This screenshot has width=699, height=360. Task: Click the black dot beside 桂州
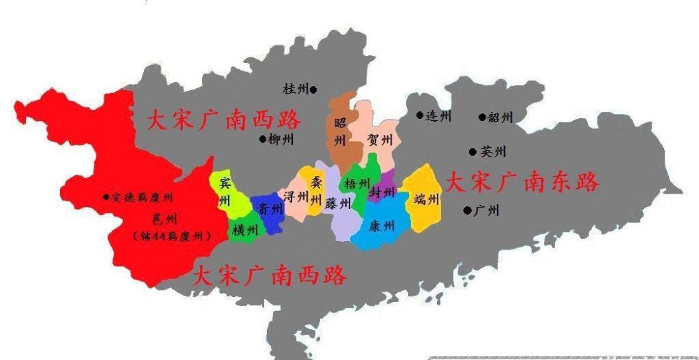[313, 89]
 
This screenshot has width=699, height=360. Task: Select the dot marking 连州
[419, 115]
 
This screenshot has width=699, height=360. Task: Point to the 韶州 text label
[500, 117]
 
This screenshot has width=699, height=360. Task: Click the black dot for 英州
[473, 152]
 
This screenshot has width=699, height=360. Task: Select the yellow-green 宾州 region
[225, 193]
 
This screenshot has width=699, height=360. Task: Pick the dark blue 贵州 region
[265, 208]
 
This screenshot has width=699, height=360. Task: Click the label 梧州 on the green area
[356, 185]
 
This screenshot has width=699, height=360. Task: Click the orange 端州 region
[425, 199]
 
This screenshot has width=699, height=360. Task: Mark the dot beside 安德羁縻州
[106, 197]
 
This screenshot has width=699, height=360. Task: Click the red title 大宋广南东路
[522, 183]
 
